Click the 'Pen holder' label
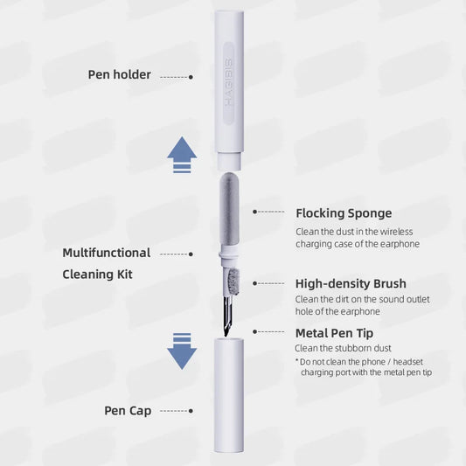click(x=119, y=74)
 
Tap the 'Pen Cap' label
click(x=127, y=410)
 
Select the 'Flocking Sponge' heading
click(x=344, y=212)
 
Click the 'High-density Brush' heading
click(x=351, y=283)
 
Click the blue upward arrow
click(x=182, y=154)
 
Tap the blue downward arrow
click(x=182, y=351)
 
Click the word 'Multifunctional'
click(x=107, y=253)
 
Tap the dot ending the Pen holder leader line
click(x=191, y=77)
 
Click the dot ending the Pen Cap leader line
click(x=191, y=411)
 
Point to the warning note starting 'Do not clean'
click(x=364, y=367)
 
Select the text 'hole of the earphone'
click(x=337, y=311)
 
